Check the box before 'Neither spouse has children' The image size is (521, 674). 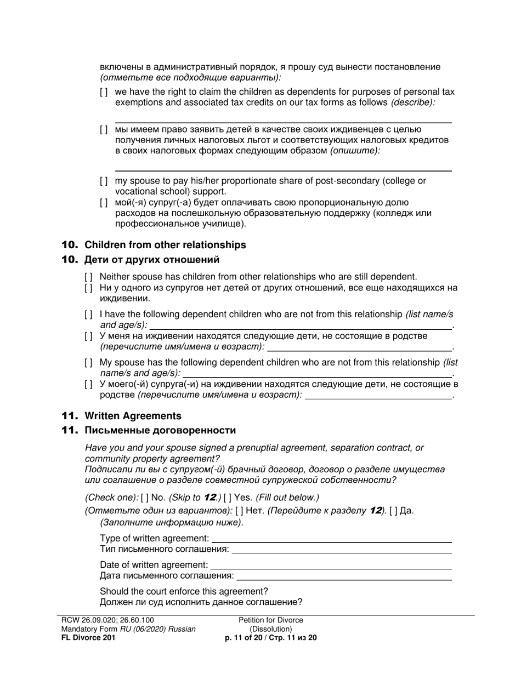88,277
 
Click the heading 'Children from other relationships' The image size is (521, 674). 165,245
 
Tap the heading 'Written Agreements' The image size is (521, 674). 133,416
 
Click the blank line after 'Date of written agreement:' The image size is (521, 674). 331,565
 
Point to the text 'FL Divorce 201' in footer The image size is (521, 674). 88,638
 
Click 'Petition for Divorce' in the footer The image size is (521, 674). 271,620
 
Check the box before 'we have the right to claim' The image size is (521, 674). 104,92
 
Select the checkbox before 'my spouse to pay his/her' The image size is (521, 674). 104,181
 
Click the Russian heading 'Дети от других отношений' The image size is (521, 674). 152,260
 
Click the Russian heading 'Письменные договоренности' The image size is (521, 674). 160,431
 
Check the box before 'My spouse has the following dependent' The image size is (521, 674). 88,363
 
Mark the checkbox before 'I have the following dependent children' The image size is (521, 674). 88,315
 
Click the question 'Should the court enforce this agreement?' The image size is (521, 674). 184,591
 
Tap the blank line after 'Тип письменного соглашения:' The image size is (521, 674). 342,550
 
